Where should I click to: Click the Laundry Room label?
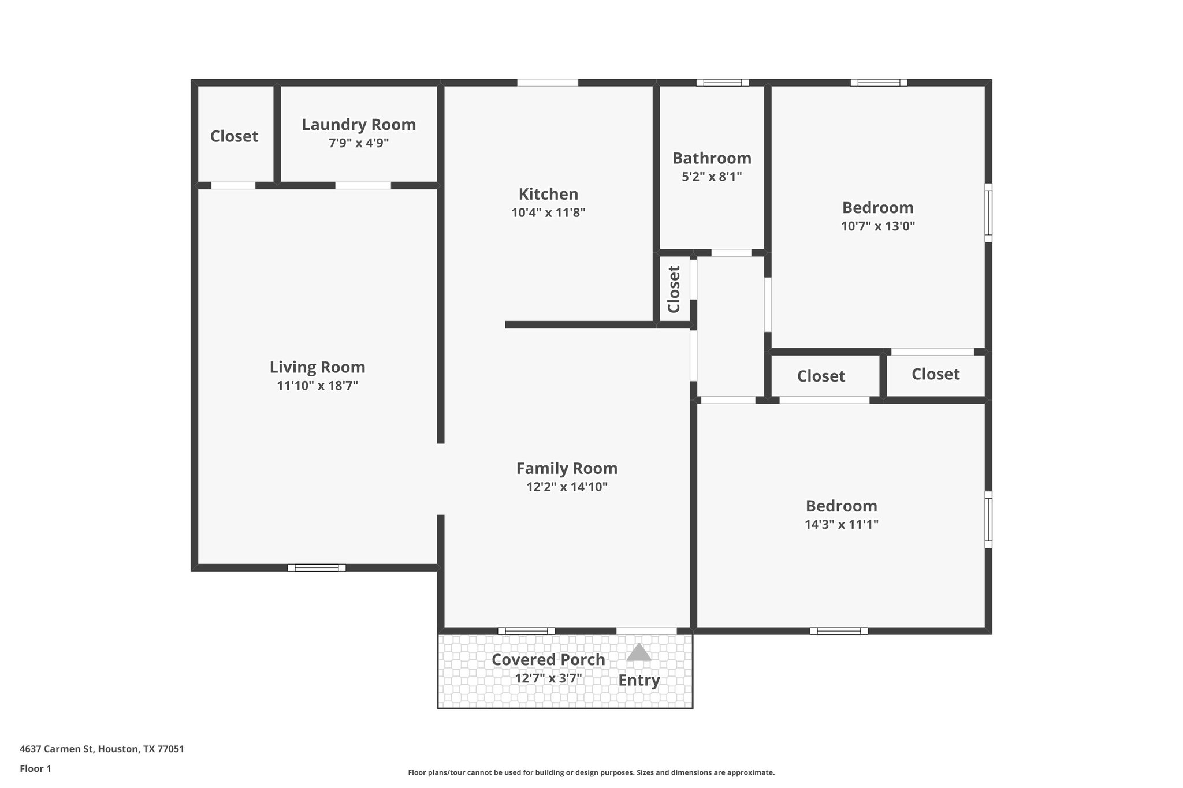click(359, 125)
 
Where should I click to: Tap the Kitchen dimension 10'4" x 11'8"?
click(548, 212)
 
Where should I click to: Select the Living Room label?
click(317, 367)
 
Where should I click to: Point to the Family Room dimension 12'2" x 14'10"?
click(567, 487)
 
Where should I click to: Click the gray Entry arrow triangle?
click(639, 653)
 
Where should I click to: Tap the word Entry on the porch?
click(639, 680)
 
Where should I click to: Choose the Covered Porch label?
click(548, 659)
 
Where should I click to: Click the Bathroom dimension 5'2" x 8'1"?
click(712, 177)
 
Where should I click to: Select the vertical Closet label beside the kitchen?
click(674, 289)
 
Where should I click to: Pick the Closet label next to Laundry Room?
click(234, 136)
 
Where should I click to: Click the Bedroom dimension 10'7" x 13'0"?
click(877, 226)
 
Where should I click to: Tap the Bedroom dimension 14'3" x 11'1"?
click(841, 525)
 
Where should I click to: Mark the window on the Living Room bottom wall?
click(317, 567)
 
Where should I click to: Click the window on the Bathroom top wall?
click(722, 83)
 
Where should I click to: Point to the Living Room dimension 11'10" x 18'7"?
click(317, 386)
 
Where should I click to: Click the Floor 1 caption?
click(35, 768)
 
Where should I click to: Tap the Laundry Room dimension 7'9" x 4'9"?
click(359, 143)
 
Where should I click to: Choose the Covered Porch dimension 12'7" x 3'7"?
click(548, 678)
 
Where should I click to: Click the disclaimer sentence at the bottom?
click(591, 772)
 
